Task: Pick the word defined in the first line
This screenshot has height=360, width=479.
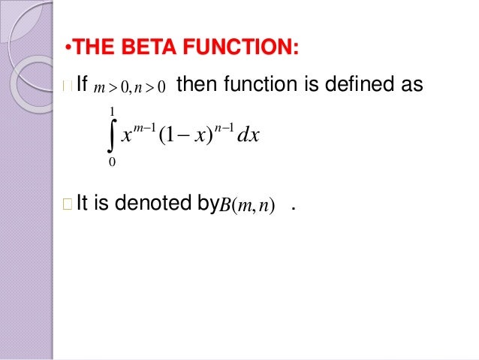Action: coord(355,89)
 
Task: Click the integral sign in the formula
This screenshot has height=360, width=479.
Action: coord(112,137)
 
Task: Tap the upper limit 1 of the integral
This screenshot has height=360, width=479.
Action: coord(112,113)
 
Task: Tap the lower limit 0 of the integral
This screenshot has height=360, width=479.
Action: coord(112,162)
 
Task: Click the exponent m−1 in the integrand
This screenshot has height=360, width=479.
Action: coord(141,126)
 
